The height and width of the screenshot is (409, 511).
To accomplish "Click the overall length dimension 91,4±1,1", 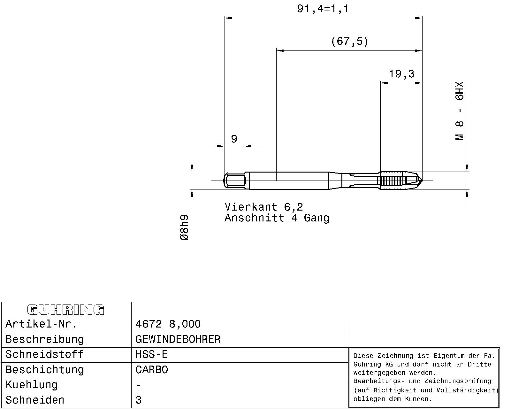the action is (323, 9).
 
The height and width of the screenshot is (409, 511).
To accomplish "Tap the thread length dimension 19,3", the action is (401, 74).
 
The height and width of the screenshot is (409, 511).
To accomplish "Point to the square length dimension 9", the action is (234, 139).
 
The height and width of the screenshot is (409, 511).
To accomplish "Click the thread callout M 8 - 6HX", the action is (460, 111).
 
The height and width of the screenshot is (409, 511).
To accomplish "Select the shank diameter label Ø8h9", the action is (184, 228).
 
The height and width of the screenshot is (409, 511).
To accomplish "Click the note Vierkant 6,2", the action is (264, 207).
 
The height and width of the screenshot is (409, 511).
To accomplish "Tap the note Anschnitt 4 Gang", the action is (277, 218).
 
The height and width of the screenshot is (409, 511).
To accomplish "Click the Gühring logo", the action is (66, 310).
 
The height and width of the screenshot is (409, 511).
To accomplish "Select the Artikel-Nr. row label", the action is (41, 324).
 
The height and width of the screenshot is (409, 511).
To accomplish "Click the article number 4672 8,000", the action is (168, 324).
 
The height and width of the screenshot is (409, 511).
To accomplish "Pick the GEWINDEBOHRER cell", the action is (178, 339).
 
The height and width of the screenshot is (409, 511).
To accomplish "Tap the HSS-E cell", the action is (151, 355).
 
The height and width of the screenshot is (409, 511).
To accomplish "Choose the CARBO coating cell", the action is (151, 370).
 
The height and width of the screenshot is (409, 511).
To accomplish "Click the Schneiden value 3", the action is (138, 400).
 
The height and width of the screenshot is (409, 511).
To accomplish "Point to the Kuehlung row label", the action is (32, 385).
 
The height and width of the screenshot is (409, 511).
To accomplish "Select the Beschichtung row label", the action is (45, 370).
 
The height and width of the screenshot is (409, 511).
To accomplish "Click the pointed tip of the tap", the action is (422, 181).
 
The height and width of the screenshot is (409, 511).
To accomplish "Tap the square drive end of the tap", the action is (234, 181).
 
